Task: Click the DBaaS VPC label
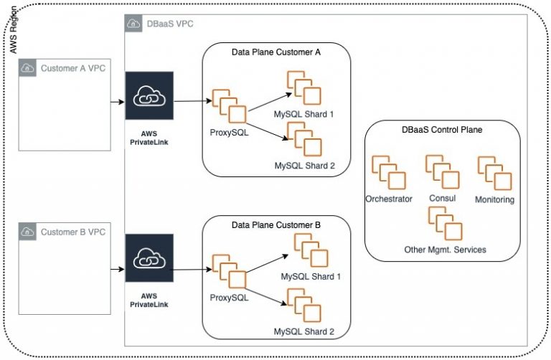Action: click(169, 24)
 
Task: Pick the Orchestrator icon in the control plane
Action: click(388, 173)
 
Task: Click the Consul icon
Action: click(442, 171)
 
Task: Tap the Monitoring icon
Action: click(494, 173)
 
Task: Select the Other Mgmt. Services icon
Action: click(445, 223)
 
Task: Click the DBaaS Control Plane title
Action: click(441, 131)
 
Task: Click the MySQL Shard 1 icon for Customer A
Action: click(303, 88)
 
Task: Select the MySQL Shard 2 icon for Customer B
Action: click(303, 305)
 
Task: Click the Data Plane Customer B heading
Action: click(276, 224)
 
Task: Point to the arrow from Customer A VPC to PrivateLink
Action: click(115, 102)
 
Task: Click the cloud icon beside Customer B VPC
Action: click(28, 232)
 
